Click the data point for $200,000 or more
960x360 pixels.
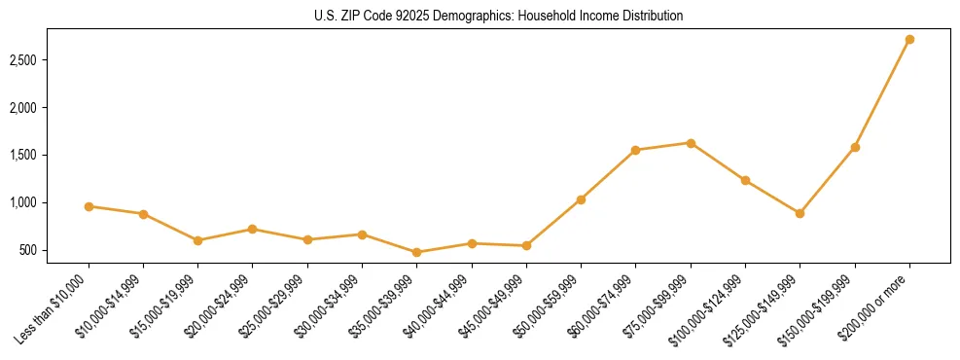909,39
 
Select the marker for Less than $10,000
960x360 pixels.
89,206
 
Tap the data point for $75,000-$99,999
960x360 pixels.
691,143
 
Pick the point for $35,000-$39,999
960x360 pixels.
417,252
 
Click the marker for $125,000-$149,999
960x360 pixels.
800,213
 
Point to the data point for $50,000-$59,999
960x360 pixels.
581,199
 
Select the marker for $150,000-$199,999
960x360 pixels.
855,147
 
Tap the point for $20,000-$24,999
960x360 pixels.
253,229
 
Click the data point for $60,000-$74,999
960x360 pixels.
635,150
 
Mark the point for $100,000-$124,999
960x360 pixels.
745,180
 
